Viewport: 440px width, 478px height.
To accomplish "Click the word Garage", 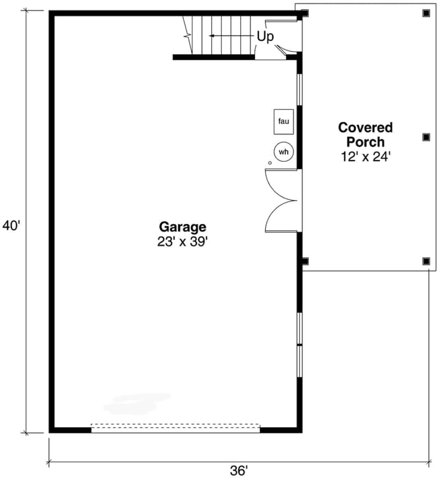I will pos(182,227).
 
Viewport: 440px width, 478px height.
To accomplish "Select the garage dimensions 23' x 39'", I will pos(182,241).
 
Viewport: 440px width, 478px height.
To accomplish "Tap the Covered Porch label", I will pos(365,135).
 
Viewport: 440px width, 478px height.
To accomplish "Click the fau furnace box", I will pos(284,121).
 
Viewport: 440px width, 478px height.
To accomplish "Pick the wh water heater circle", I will pos(284,152).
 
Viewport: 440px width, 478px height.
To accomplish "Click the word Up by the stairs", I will pos(265,37).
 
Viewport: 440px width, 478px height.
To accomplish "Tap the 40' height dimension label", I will pos(11,226).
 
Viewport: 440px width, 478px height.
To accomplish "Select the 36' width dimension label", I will pos(239,470).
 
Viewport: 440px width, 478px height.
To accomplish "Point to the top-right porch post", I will pos(426,13).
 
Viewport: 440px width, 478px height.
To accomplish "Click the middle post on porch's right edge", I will pos(426,137).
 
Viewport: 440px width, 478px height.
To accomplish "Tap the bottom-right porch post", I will pos(426,261).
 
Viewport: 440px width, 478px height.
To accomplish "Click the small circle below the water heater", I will pos(270,163).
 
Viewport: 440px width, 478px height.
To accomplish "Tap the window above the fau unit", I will pos(300,90).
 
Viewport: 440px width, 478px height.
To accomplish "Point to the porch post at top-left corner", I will pos(305,13).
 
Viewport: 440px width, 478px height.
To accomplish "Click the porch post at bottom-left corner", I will pos(305,261).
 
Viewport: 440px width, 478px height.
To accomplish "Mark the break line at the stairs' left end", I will pos(187,36).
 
